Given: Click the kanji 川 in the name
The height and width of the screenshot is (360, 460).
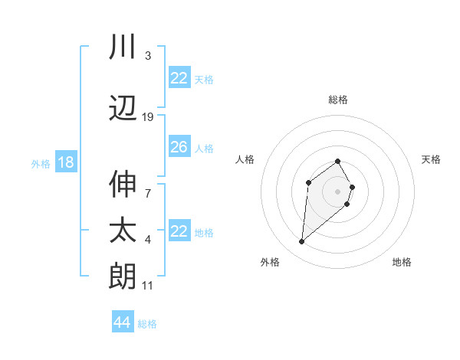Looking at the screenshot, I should (x=123, y=47).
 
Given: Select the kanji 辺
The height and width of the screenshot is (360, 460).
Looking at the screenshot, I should (x=123, y=110).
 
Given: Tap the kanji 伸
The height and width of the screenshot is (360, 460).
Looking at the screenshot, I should (x=123, y=183).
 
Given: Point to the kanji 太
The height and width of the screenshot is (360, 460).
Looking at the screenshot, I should (x=123, y=231).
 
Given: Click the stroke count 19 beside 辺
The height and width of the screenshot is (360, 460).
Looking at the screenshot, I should (x=148, y=117).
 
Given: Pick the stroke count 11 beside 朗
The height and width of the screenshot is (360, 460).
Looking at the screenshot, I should (x=148, y=286).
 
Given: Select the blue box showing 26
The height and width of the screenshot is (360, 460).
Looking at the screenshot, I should (x=179, y=147).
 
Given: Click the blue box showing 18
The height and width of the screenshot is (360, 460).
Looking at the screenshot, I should (x=65, y=162).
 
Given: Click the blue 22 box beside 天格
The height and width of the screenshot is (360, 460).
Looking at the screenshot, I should (x=179, y=78).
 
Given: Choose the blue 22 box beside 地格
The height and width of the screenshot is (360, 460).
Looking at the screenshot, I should (x=179, y=231).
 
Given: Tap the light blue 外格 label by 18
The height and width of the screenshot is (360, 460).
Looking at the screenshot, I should (x=41, y=163).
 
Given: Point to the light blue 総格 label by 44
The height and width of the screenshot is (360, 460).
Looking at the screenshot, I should (x=147, y=324).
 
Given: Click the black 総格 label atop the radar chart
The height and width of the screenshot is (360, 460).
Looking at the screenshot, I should (x=338, y=100).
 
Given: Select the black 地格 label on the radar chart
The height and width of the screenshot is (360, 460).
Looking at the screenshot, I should (x=402, y=262).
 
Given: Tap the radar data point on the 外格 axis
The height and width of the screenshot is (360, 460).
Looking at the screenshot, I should (x=302, y=242).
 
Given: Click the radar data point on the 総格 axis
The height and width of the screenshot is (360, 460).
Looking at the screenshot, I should (x=338, y=161).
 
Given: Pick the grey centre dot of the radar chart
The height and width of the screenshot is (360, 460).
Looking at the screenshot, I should (x=338, y=191).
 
